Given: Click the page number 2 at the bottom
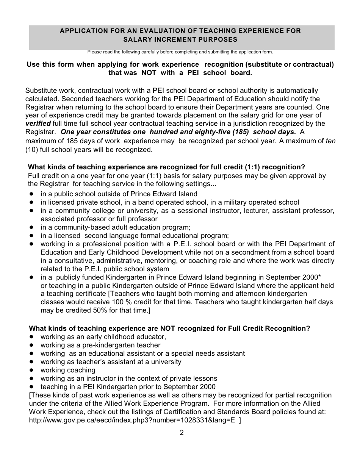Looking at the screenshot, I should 182,433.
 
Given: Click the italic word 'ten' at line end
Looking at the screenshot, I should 330,141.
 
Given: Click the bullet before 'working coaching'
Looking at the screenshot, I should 32,370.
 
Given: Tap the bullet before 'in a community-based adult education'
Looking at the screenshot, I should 32,227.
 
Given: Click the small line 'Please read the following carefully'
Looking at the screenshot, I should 180,52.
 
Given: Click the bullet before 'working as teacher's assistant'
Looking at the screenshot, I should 32,362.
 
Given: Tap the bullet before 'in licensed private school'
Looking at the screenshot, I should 32,202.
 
